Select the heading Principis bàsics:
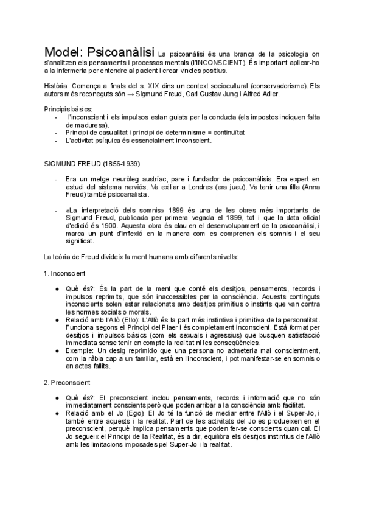[x=68, y=108]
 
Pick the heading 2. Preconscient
[x=68, y=382]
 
